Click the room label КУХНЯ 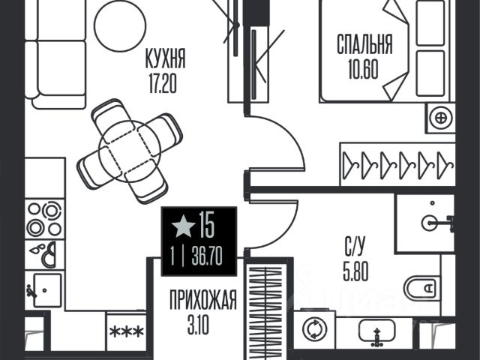point(166,58)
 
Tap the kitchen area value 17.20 point(163,83)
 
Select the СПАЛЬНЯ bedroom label point(364,44)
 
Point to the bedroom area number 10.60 point(363,69)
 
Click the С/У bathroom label point(355,247)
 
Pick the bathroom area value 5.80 point(355,271)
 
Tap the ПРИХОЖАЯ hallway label point(203,300)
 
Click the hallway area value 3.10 point(198,325)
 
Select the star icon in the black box point(183,226)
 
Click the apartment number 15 point(207,225)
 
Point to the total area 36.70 point(207,256)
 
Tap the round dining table point(130,151)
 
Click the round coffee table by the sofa point(120,25)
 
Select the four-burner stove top point(45,219)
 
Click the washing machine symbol point(314,329)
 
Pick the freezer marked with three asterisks point(127,331)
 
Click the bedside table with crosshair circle point(441,118)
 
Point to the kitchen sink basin point(47,290)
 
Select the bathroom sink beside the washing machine point(376,331)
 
